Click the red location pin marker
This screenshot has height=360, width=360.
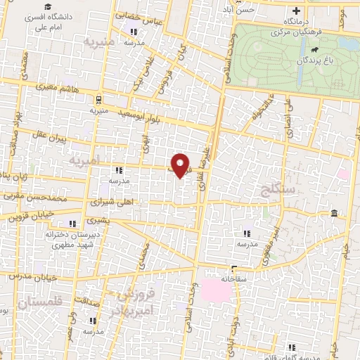click(181, 165)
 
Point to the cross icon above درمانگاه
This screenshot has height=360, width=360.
click(296, 11)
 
